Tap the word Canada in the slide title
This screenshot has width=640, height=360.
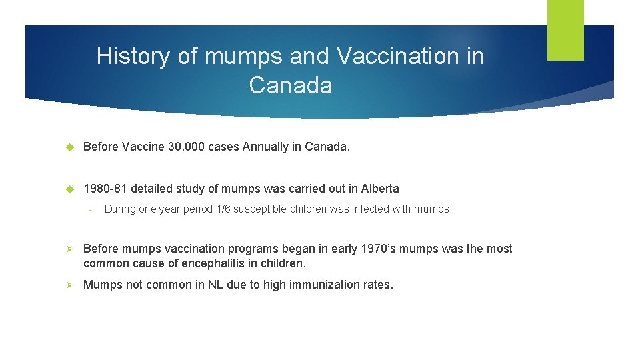[x=290, y=85]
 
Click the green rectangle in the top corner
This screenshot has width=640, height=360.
[x=565, y=30]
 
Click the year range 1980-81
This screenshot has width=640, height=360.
[x=105, y=189]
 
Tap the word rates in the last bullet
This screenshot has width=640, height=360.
[x=379, y=285]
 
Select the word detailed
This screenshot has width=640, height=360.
[x=153, y=189]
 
